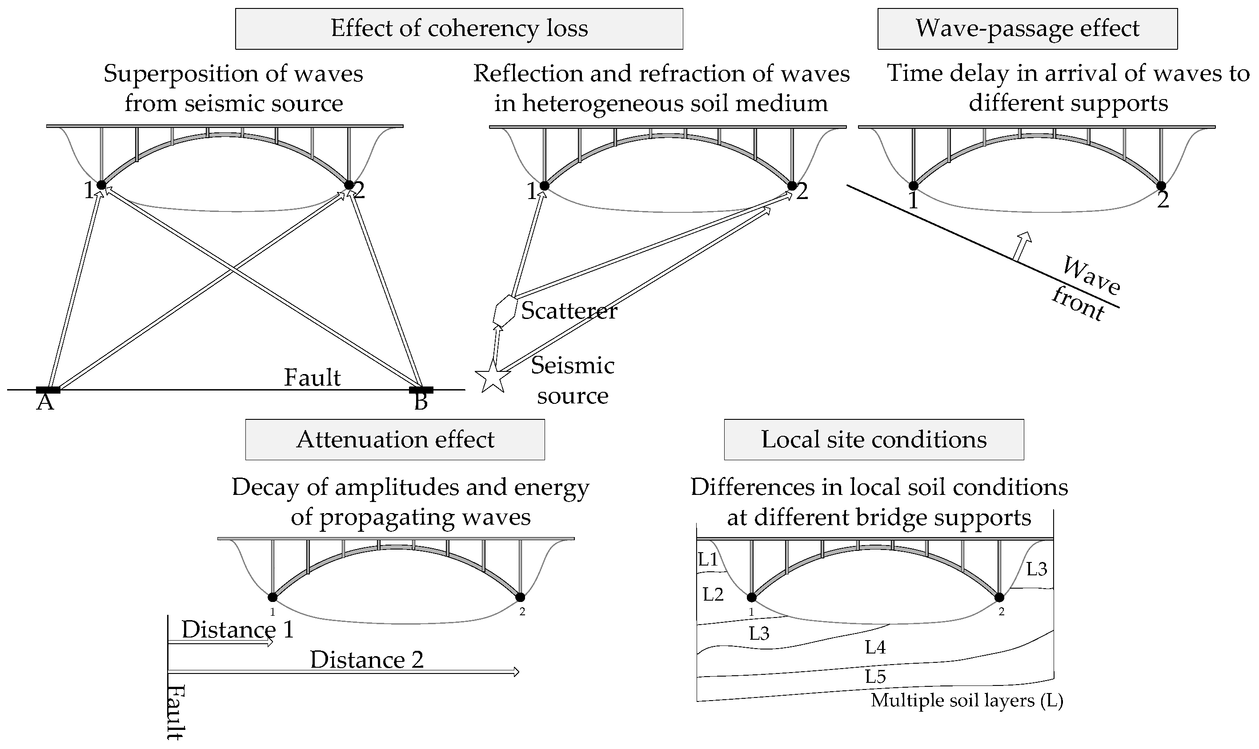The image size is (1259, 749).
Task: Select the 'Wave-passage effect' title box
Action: (x=1027, y=29)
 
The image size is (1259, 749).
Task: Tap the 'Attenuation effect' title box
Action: (x=395, y=440)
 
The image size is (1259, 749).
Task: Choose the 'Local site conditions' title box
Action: (x=874, y=440)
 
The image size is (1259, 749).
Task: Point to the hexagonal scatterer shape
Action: (x=504, y=309)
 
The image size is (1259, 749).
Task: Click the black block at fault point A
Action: (x=48, y=390)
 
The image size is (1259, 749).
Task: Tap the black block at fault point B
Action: (x=421, y=390)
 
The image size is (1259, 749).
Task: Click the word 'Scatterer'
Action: (x=569, y=311)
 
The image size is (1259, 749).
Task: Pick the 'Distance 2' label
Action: (x=367, y=660)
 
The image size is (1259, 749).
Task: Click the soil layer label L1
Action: (x=708, y=559)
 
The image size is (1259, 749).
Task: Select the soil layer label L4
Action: (x=875, y=648)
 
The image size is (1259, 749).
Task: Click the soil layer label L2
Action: (x=713, y=594)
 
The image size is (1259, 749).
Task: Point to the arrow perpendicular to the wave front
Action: (x=1022, y=246)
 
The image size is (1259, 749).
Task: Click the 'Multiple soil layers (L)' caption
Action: (x=967, y=701)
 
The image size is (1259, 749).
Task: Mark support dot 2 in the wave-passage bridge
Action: (x=1161, y=186)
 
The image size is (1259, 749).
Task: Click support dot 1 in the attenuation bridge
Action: (x=273, y=598)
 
